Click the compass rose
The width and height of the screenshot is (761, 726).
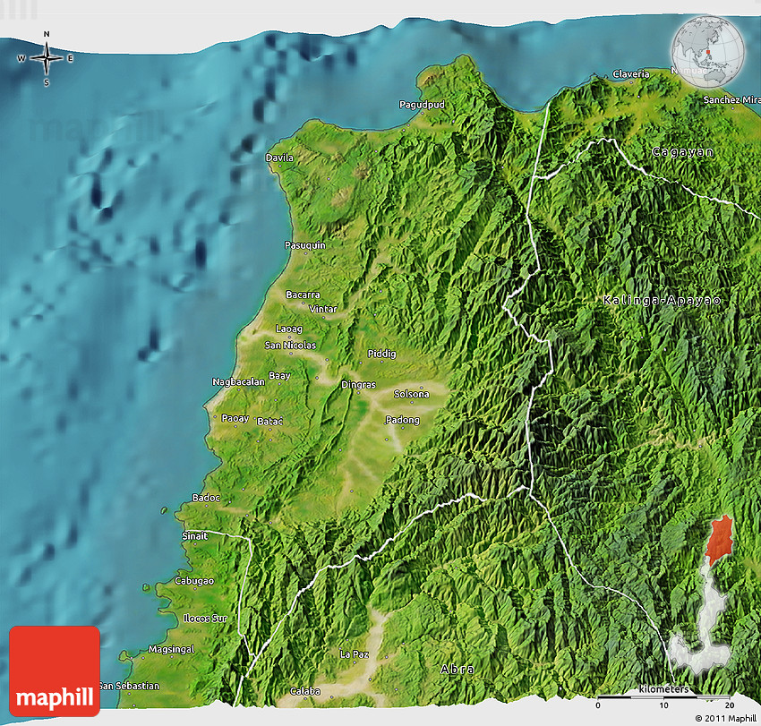pos(46,59)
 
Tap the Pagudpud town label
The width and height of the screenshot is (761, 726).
pos(422,105)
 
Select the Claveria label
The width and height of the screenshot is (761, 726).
pos(630,74)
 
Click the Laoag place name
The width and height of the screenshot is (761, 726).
pos(289,329)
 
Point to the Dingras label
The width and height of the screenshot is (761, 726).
pos(358,385)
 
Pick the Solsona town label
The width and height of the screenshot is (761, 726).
pos(412,394)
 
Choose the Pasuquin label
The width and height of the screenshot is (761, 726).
pos(304,245)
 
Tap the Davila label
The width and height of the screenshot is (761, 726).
pos(279,158)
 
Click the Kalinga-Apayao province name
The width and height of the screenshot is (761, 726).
pos(662,300)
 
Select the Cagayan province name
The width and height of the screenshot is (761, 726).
pos(683,152)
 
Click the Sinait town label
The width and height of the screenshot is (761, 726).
pos(194,536)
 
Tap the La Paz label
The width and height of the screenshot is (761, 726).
pos(354,654)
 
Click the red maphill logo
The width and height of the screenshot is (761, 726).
pos(55,670)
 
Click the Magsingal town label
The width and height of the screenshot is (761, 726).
pos(171,649)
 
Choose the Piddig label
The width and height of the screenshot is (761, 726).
pos(381,354)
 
